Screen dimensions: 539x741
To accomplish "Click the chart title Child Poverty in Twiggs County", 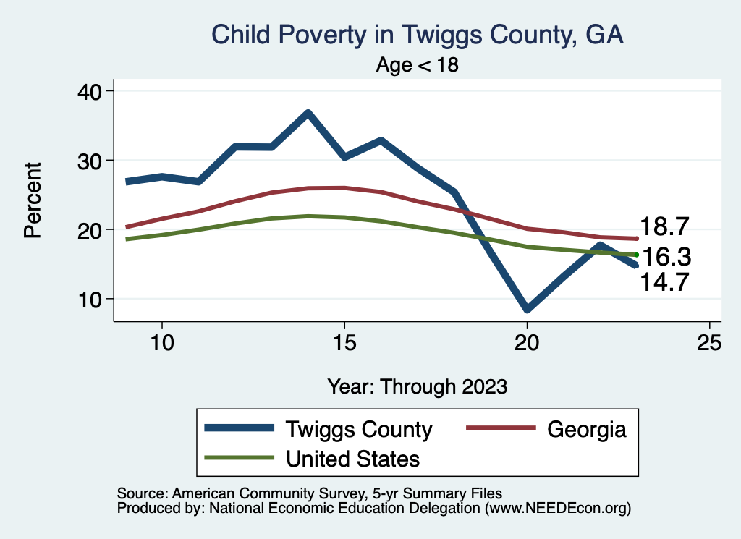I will [417, 35].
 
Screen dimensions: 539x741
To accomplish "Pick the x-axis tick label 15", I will [344, 343].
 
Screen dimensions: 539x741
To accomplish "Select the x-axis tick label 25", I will [709, 343].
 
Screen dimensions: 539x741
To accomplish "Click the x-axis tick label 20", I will [527, 343].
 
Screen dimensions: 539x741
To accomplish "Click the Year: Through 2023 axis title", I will [417, 386].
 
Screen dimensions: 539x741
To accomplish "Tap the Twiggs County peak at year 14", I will [308, 113].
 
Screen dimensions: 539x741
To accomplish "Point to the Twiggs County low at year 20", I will [527, 309].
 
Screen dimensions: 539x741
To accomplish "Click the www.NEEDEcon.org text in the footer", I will [556, 509].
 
